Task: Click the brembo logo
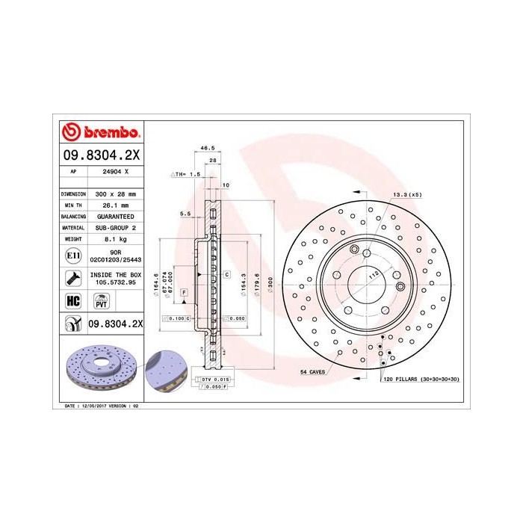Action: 99,133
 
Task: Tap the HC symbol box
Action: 72,301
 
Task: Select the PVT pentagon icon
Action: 99,301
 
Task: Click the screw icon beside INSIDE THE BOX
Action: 72,279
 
